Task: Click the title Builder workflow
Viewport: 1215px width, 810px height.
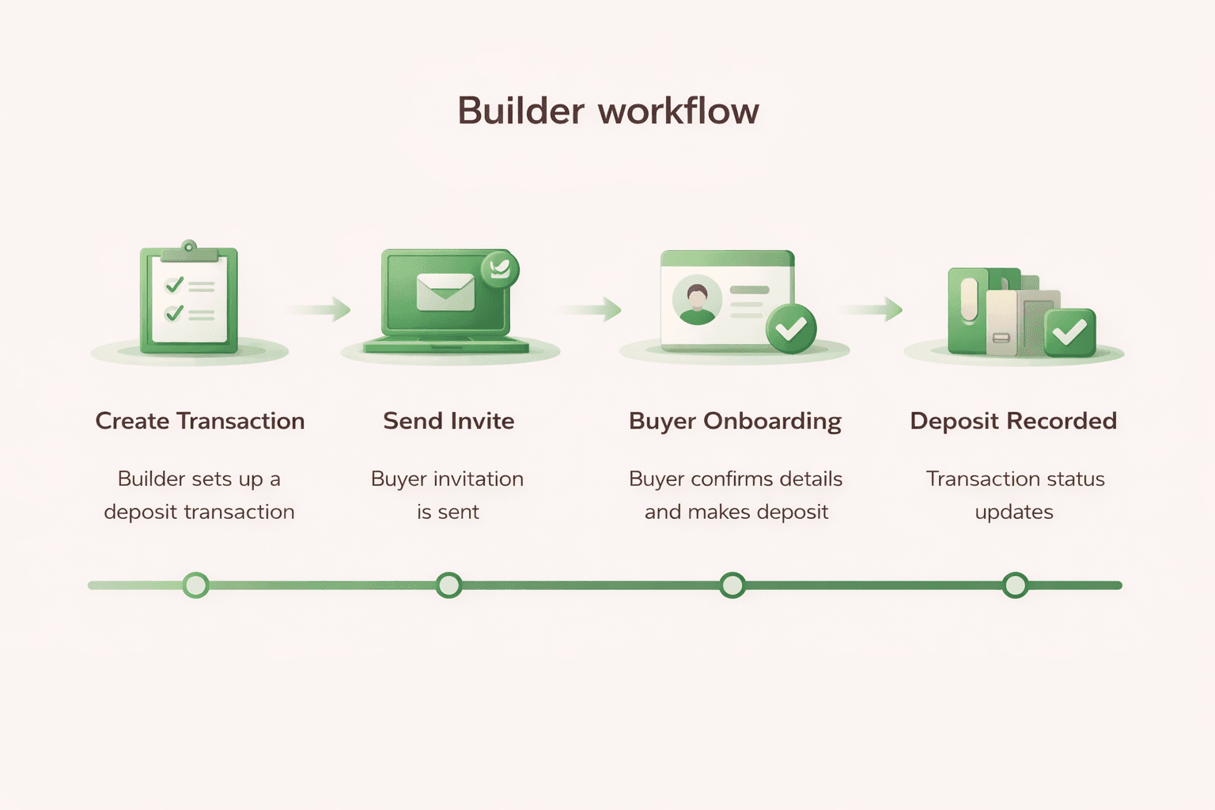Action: [607, 111]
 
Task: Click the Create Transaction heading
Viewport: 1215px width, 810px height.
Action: [200, 421]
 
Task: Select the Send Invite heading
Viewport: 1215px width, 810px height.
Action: [449, 421]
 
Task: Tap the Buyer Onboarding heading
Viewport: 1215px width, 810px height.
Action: [735, 421]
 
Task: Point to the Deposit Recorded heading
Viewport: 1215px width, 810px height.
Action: [1013, 421]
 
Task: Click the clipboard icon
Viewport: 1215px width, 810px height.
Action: [189, 301]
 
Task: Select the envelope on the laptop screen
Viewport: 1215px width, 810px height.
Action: [445, 292]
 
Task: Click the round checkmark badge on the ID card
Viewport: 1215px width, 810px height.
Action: [791, 328]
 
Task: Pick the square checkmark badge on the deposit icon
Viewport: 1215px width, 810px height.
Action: [1069, 332]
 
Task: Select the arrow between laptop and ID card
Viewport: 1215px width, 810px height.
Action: [593, 309]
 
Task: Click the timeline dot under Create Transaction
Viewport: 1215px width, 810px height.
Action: [195, 585]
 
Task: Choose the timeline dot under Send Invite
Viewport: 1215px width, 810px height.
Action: [449, 585]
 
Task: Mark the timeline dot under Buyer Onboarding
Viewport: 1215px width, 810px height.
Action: [732, 585]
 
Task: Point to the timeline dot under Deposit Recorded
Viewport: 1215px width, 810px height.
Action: [1015, 585]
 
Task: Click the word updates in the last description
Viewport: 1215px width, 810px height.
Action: [1014, 513]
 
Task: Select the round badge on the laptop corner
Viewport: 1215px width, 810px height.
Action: [499, 269]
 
